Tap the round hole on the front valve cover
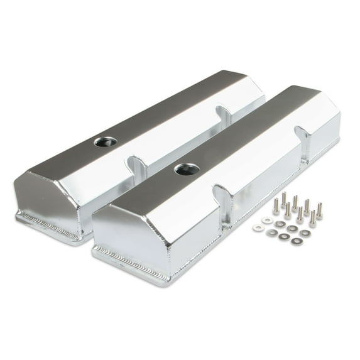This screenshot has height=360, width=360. tap(184, 168)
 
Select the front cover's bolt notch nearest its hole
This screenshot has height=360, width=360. tap(219, 196)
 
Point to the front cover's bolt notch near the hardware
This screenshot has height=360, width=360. tap(303, 139)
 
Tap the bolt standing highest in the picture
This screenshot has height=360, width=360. tap(283, 199)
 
